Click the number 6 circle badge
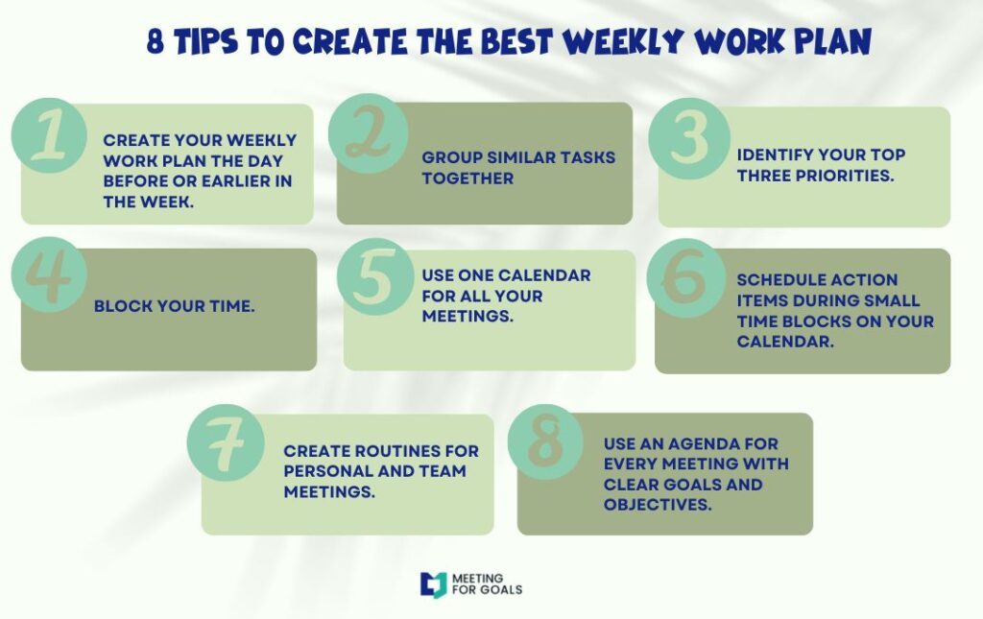(x=685, y=278)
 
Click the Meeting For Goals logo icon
(x=433, y=583)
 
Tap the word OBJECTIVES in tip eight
(x=658, y=504)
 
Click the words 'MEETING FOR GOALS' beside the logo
(x=490, y=583)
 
